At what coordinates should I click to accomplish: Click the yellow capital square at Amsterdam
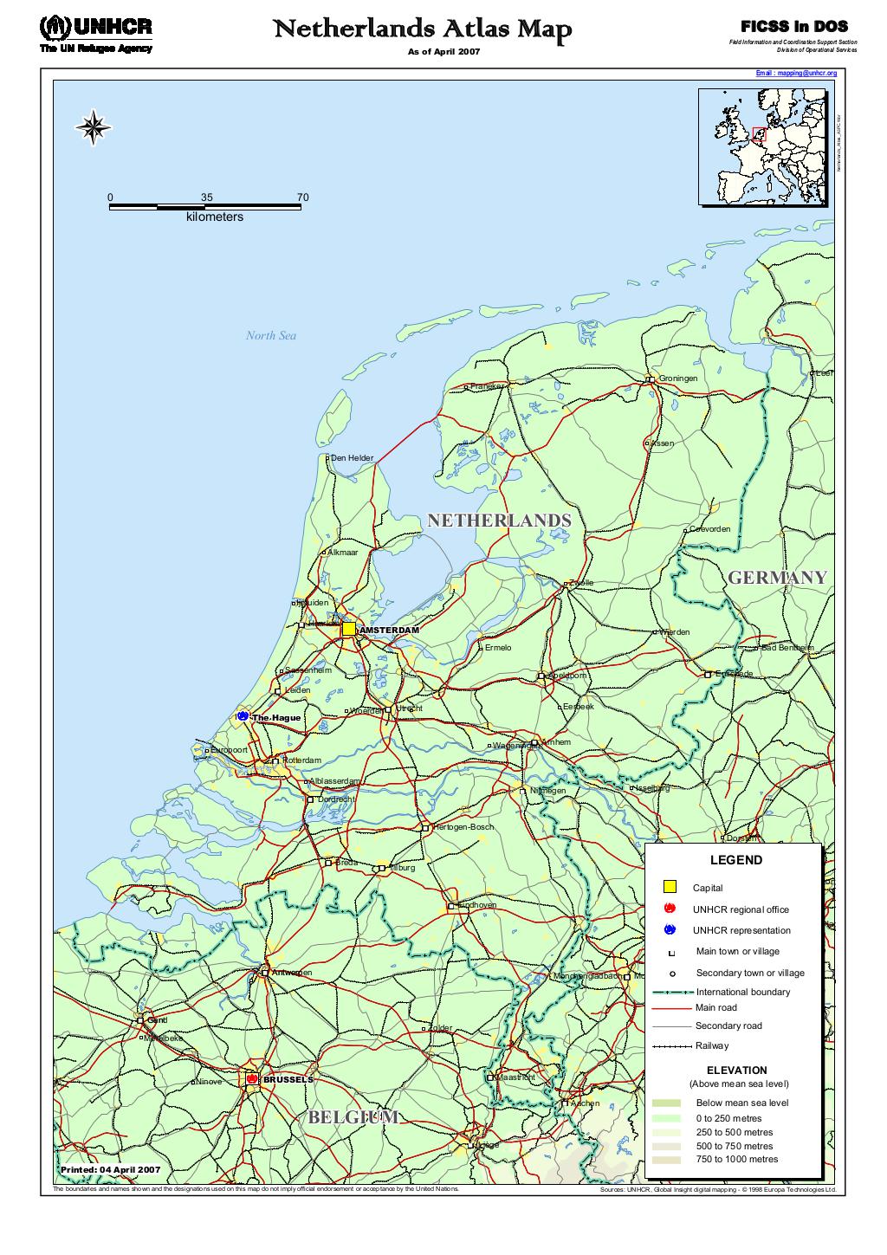tap(348, 629)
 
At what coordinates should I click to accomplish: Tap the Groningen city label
tap(677, 378)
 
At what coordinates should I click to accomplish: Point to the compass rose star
tap(94, 128)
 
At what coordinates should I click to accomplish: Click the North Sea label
tap(270, 336)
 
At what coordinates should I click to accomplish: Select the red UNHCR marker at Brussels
tap(251, 1079)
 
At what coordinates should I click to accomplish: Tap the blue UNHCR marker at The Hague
tap(243, 716)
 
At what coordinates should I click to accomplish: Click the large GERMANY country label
tap(777, 578)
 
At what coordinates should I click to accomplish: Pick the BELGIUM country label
tap(353, 1117)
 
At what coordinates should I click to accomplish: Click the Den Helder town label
tap(352, 458)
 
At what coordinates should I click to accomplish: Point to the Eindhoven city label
tap(476, 905)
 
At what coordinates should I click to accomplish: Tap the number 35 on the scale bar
tap(206, 197)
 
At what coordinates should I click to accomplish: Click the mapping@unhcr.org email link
tap(796, 74)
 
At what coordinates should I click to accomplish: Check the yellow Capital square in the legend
tap(669, 887)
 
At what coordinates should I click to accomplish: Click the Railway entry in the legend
tap(711, 1046)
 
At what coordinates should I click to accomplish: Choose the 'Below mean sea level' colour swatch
tap(667, 1103)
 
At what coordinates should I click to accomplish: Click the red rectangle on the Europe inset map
tap(760, 133)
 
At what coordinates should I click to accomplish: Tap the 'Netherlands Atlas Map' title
tap(423, 30)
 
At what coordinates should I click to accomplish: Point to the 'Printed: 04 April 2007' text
tap(110, 1169)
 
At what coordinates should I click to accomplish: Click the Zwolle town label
tap(581, 583)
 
